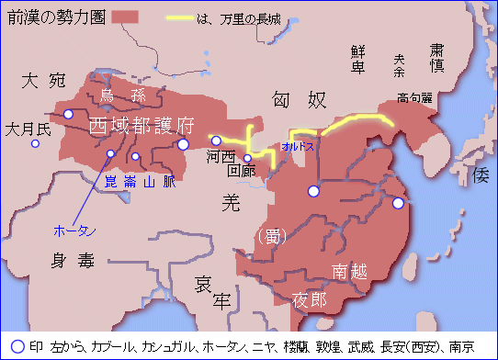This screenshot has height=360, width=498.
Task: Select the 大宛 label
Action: pyautogui.click(x=44, y=81)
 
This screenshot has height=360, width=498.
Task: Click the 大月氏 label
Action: pyautogui.click(x=29, y=128)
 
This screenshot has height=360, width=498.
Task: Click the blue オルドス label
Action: pyautogui.click(x=298, y=146)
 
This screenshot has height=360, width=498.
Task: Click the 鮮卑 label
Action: pyautogui.click(x=360, y=61)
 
